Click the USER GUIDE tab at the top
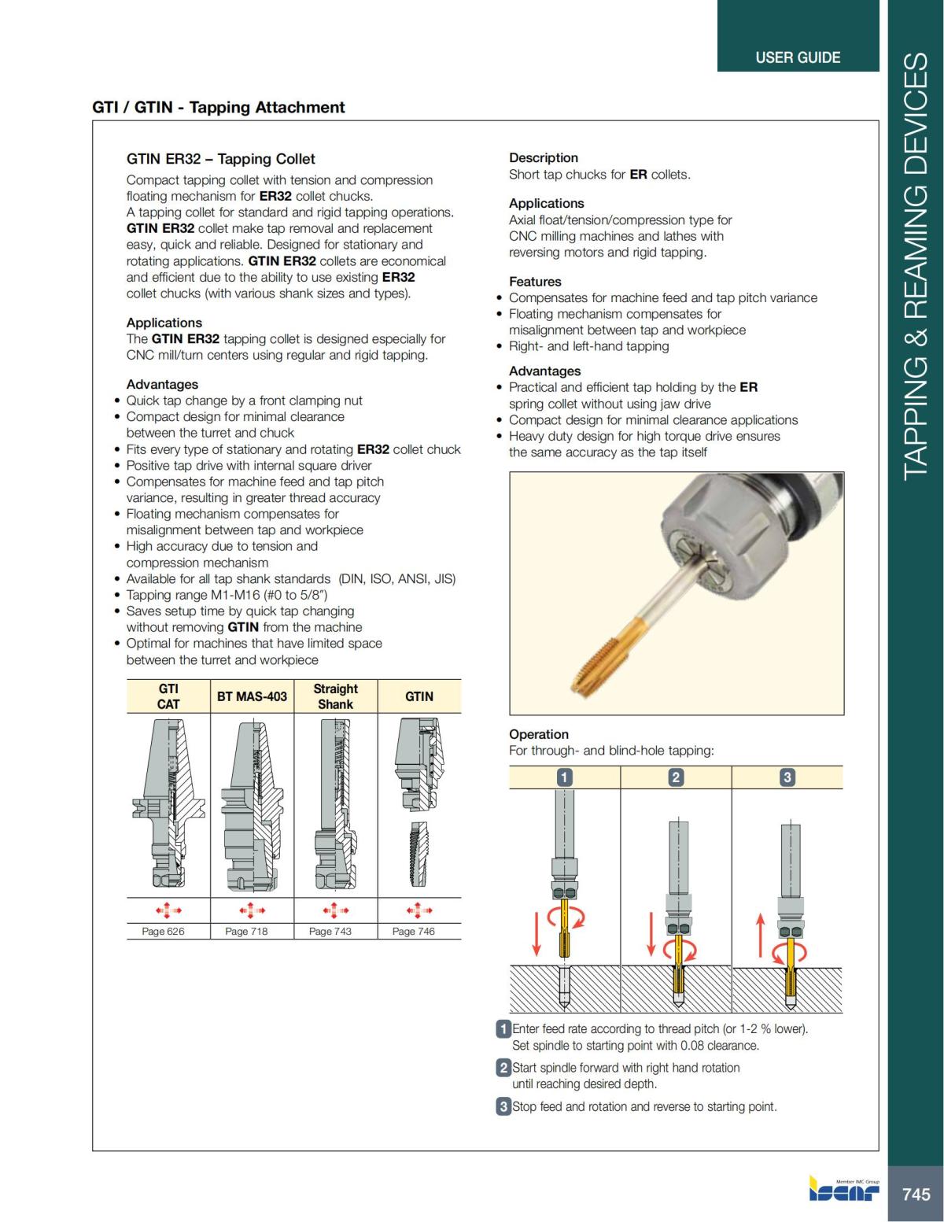[797, 57]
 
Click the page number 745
[916, 1194]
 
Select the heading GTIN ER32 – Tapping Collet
[220, 159]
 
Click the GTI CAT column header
[168, 696]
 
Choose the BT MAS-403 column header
[252, 696]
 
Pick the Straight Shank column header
[335, 696]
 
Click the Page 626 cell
[163, 931]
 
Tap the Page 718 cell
[246, 931]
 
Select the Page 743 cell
[330, 931]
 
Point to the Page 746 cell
[414, 931]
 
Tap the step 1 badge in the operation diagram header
[564, 777]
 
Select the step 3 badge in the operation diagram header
[787, 777]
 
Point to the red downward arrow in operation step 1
[537, 929]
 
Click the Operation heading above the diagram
[538, 734]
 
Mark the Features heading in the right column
[535, 282]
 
